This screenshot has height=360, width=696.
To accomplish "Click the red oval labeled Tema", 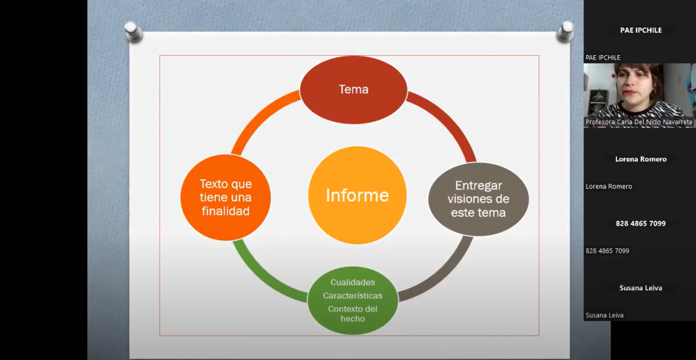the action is coord(353,90).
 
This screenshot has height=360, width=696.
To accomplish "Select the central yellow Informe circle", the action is coord(358,195).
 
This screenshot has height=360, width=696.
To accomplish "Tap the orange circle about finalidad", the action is coord(226,197).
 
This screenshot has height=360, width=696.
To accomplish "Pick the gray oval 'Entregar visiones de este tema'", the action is coord(478,199).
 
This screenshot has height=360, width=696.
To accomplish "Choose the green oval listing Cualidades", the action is coord(353,300).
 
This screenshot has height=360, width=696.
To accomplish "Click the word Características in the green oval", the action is coord(353,295).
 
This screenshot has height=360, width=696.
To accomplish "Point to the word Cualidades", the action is coord(353,283).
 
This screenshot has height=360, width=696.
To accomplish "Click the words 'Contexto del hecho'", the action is coord(353,313).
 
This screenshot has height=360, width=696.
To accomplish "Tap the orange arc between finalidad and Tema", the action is coord(260,117).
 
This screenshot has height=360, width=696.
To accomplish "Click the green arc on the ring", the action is coord(262,277).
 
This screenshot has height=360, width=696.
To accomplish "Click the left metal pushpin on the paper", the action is coord(133,31).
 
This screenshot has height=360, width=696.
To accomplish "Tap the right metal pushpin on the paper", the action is coord(565,31).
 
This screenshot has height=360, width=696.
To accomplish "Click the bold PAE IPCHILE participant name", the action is coord(640,30).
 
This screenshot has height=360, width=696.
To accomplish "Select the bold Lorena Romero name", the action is coord(640,159).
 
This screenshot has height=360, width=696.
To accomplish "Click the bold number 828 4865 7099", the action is coord(640,223).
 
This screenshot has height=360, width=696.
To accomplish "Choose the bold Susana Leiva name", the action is coord(640,288).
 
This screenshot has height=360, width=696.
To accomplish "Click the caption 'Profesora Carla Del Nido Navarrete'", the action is coord(639,122).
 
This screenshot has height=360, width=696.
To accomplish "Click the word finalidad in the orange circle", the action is coord(226,211).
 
